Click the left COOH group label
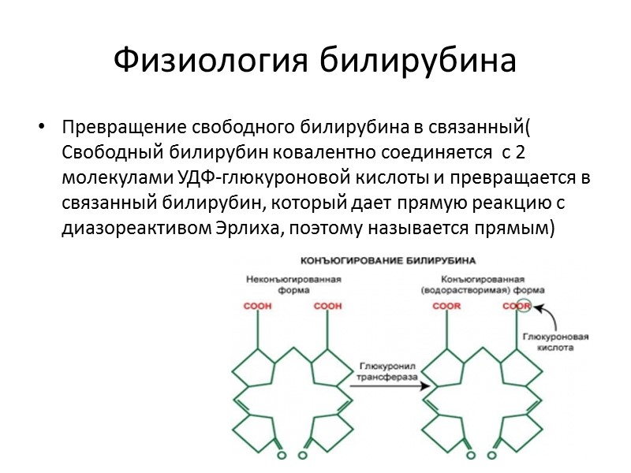tap(259, 306)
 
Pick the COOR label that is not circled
tap(447, 306)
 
